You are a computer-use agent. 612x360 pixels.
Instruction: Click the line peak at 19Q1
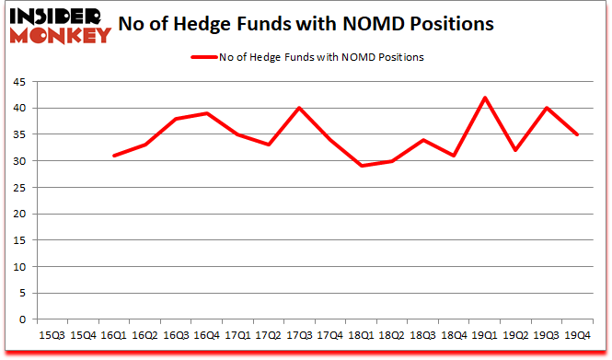pos(482,98)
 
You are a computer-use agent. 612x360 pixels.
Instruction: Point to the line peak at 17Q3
pos(299,108)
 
